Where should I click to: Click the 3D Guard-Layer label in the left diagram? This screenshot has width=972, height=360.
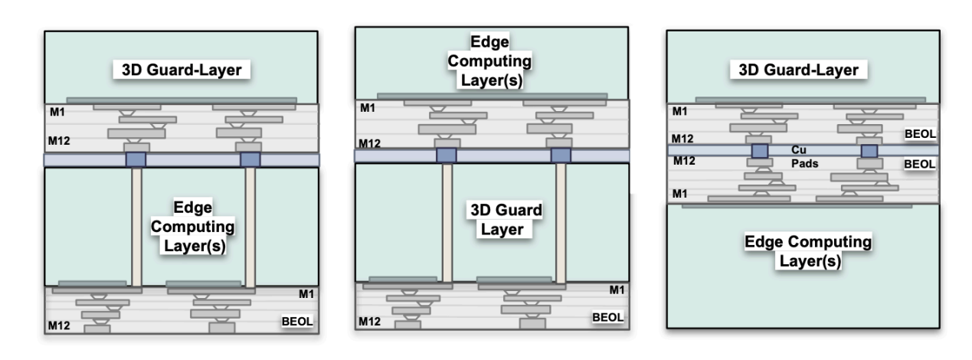click(182, 70)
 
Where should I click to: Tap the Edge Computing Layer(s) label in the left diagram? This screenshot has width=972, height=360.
click(202, 229)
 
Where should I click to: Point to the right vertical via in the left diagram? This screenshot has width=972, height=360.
click(250, 227)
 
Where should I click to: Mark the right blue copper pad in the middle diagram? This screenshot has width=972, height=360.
click(561, 155)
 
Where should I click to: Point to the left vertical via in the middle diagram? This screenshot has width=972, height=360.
click(447, 222)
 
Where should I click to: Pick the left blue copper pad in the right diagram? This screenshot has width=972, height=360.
click(759, 151)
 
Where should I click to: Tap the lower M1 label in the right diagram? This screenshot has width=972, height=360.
click(679, 193)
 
